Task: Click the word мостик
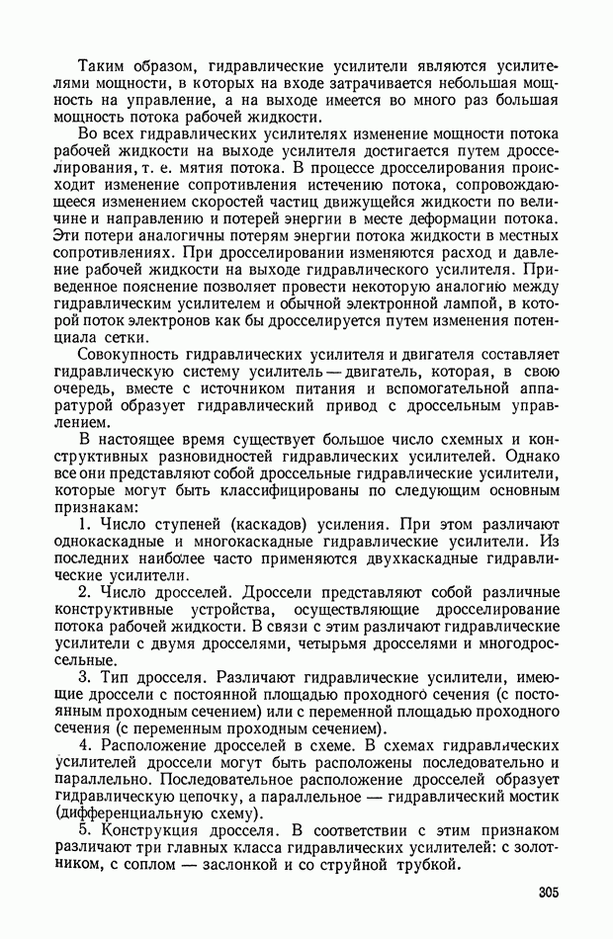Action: (x=537, y=793)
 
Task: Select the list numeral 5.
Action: (x=85, y=830)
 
